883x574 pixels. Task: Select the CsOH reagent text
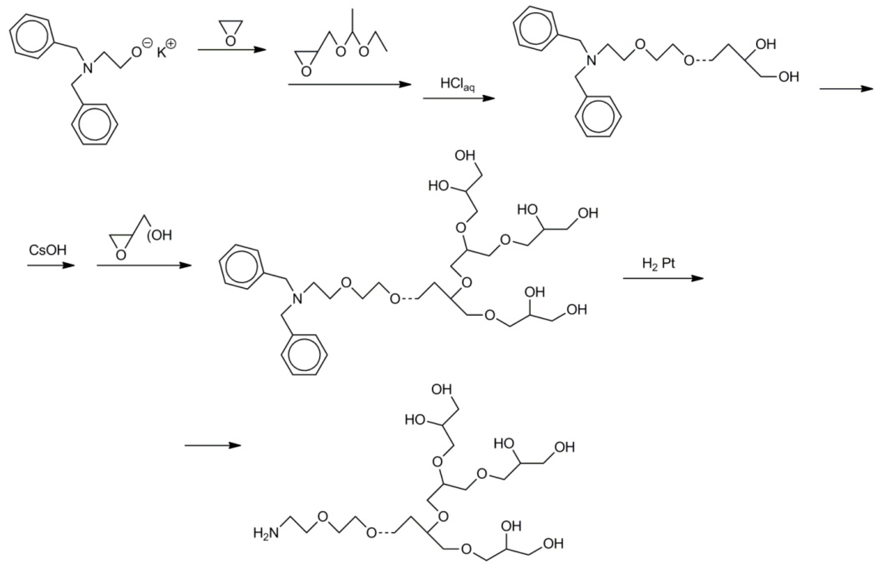(47, 250)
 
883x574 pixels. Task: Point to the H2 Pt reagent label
(659, 264)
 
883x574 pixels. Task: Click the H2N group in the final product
(266, 534)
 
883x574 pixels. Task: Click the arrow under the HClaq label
(459, 98)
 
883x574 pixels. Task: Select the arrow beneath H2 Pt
(663, 278)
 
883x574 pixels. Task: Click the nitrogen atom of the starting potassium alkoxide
(87, 68)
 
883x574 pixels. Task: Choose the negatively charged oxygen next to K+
(137, 52)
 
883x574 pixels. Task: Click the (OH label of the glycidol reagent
(160, 235)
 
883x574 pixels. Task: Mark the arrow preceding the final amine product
(213, 445)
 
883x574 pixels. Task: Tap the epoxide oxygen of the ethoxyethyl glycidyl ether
(306, 71)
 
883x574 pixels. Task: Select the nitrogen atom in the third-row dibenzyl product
(297, 298)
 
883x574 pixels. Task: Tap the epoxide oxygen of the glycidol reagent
(120, 255)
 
